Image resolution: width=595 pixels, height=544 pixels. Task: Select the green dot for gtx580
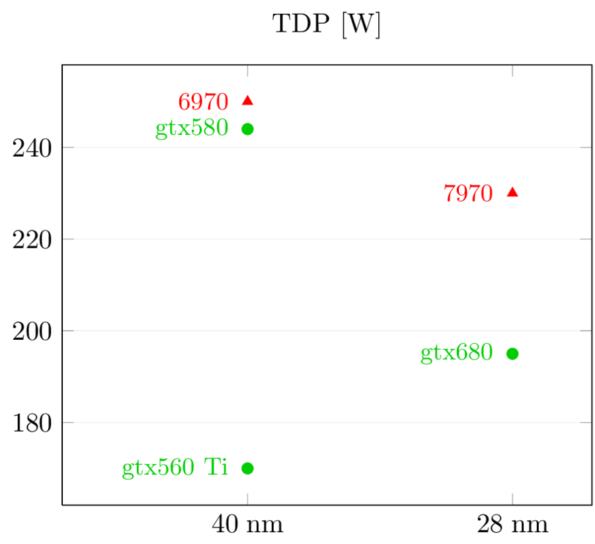tap(248, 129)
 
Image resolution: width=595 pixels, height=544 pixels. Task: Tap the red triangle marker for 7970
tap(512, 192)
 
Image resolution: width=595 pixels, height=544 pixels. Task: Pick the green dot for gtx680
tap(512, 354)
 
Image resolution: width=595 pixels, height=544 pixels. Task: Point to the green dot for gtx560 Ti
tap(248, 468)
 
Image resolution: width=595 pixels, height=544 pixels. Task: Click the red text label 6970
tap(203, 102)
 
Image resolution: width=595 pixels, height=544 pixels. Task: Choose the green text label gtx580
tap(192, 128)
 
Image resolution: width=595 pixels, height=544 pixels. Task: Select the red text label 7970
tap(468, 194)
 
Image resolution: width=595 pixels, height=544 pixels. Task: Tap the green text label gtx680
tap(456, 353)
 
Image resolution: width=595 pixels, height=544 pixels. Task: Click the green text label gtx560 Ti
tap(175, 468)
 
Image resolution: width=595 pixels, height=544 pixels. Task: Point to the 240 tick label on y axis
tap(32, 148)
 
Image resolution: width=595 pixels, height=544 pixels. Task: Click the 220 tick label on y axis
tap(32, 239)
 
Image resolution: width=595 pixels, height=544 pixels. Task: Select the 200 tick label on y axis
tap(32, 331)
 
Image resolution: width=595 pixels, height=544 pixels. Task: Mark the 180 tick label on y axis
tap(32, 422)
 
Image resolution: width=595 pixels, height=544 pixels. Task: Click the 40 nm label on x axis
tap(247, 525)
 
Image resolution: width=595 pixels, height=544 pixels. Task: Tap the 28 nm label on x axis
tap(512, 525)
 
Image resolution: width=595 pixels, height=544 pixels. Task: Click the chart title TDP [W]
tap(327, 24)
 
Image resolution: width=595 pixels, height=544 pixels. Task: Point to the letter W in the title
tap(360, 24)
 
